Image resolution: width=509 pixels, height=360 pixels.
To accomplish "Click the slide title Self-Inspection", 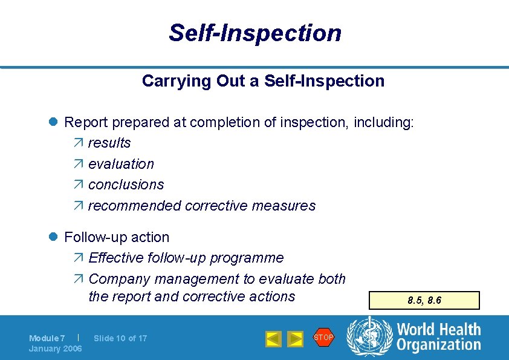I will point(254,33).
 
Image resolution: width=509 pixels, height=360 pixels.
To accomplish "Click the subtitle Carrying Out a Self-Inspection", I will point(263,81).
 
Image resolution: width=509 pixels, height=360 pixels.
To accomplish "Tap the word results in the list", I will point(109,143).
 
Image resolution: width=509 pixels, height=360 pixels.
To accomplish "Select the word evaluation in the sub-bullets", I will point(121,164).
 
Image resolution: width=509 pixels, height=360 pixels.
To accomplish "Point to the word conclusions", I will point(126,185).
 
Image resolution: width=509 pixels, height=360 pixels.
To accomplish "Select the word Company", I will point(119,279).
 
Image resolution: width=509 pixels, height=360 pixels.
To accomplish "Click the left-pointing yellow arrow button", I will point(273,339).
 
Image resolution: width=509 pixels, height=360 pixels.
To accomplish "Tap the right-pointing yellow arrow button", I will point(294,339).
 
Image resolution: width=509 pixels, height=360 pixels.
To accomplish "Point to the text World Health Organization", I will point(438,337).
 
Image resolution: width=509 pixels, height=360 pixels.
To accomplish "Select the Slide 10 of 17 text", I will point(120,338).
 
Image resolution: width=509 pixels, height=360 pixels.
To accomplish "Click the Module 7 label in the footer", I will point(47,338).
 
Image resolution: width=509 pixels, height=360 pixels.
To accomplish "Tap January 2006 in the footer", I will point(56,349).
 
